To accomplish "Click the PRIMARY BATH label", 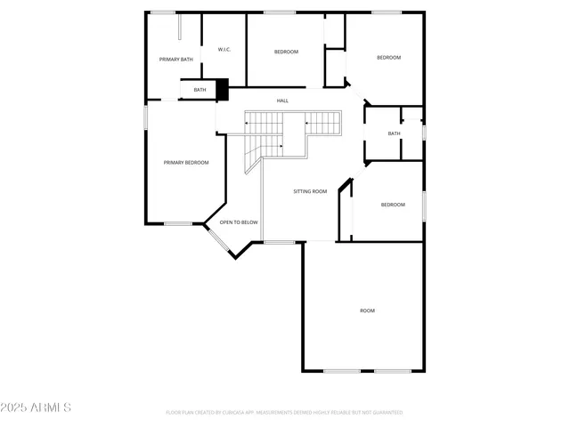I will pyautogui.click(x=175, y=59).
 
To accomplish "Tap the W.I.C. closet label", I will pyautogui.click(x=224, y=50).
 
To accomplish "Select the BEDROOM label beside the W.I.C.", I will pyautogui.click(x=286, y=52).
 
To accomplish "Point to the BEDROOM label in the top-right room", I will pyautogui.click(x=388, y=58).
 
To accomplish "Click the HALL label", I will pyautogui.click(x=282, y=101).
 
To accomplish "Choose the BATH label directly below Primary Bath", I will pyautogui.click(x=199, y=90).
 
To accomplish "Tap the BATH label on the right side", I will pyautogui.click(x=394, y=133).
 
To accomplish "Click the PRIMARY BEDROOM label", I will pyautogui.click(x=186, y=162).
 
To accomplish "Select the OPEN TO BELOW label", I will pyautogui.click(x=239, y=222).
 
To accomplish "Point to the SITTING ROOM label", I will pyautogui.click(x=310, y=191).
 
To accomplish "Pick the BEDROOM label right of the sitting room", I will pyautogui.click(x=393, y=205).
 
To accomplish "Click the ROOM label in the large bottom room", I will pyautogui.click(x=367, y=310).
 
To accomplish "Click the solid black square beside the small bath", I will pyautogui.click(x=223, y=89).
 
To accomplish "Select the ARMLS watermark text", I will pyautogui.click(x=50, y=407).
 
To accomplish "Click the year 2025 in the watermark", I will pyautogui.click(x=15, y=407).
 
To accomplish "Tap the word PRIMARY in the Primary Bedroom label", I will pyautogui.click(x=175, y=162).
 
